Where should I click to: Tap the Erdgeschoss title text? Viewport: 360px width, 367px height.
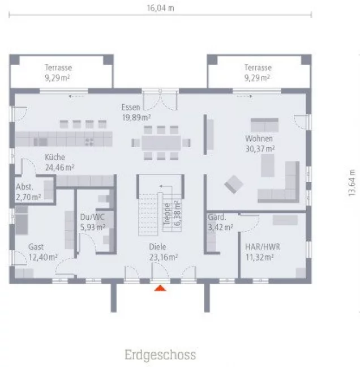click(160, 355)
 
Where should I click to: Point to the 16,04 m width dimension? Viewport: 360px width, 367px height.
click(160, 8)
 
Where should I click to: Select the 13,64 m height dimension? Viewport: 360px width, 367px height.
click(352, 182)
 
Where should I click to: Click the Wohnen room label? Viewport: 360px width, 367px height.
click(259, 139)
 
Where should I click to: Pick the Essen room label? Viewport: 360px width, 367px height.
click(130, 107)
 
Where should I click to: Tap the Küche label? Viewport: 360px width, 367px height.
click(55, 157)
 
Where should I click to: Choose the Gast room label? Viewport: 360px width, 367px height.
click(36, 247)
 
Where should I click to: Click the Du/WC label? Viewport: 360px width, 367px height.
click(93, 216)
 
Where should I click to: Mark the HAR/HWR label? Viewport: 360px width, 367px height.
click(259, 247)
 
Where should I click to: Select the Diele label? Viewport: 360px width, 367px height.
click(157, 247)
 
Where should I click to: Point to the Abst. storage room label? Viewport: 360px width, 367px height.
click(25, 187)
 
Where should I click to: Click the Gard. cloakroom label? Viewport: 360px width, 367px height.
click(217, 217)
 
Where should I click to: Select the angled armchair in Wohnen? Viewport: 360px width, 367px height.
click(233, 183)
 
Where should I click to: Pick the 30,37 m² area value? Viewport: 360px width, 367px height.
click(260, 148)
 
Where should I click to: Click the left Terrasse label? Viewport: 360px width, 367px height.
click(58, 67)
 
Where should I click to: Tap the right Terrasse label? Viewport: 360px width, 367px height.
click(258, 67)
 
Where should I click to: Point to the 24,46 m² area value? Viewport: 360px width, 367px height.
click(59, 168)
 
